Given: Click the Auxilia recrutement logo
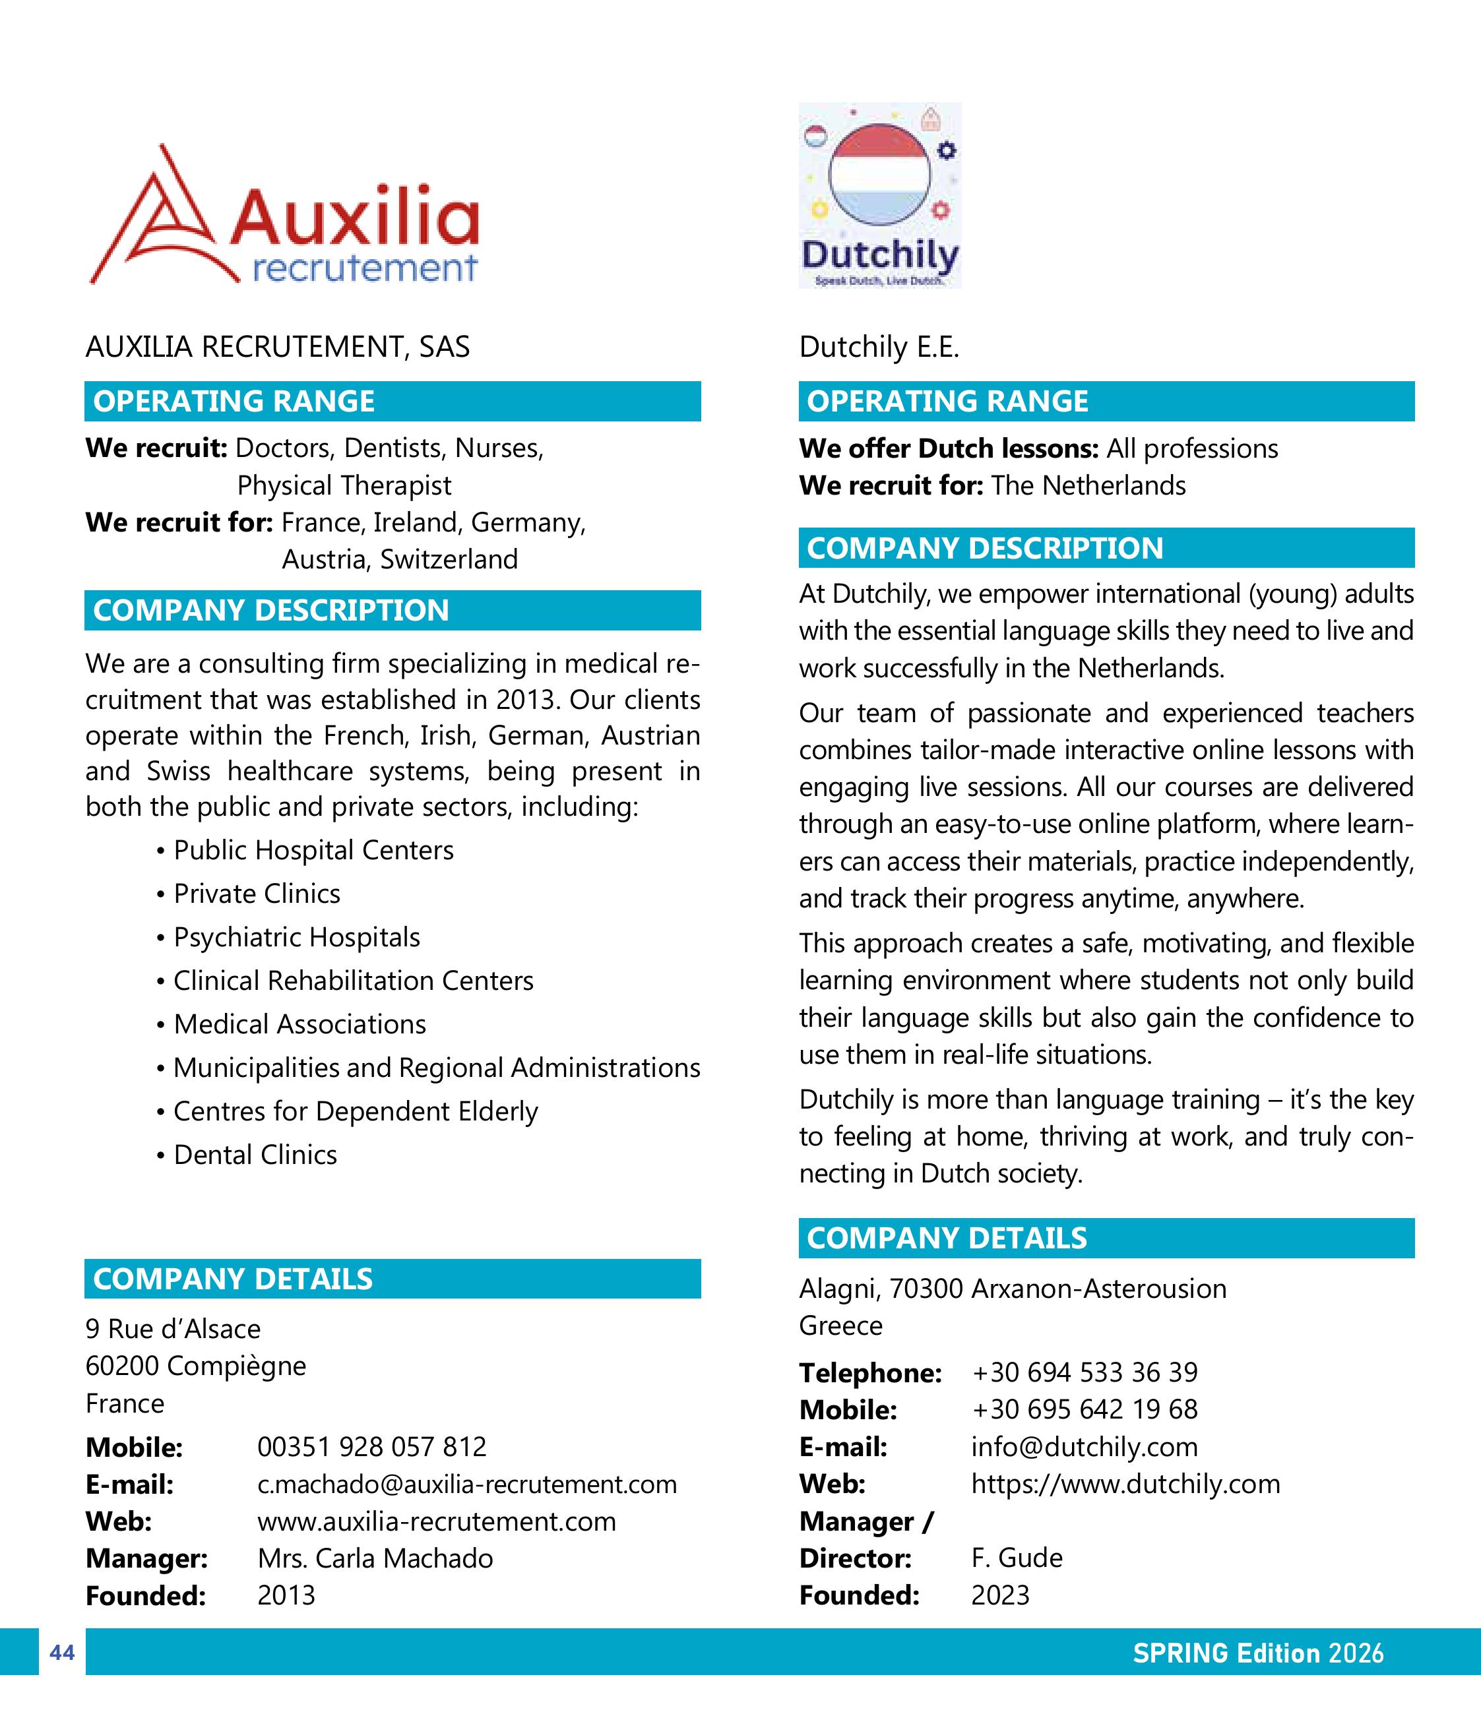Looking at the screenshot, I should coord(284,215).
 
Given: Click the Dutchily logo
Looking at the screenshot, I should coord(879,195).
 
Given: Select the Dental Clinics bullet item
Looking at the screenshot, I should coord(255,1155).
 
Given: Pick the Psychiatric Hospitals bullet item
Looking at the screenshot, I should coord(296,937).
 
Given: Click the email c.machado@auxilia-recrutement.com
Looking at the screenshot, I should coord(466,1484).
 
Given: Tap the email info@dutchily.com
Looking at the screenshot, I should coord(1084,1447).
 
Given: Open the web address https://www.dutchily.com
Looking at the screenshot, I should coord(1125,1484).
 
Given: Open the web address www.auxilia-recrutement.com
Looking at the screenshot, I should coord(436,1521).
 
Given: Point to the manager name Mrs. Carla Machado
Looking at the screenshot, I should coord(375,1558).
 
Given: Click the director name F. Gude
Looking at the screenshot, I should coord(1017,1558).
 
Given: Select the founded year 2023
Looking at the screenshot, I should coord(1000,1595).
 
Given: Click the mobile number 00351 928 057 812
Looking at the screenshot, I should coord(371,1447).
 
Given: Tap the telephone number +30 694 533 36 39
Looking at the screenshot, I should coord(1084,1372).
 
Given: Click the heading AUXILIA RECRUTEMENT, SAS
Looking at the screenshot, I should coord(277,347).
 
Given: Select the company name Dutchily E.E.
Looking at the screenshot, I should coord(879,347).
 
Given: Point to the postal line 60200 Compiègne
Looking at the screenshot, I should coord(195,1366).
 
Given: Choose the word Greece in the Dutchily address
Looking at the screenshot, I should coord(840,1326).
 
